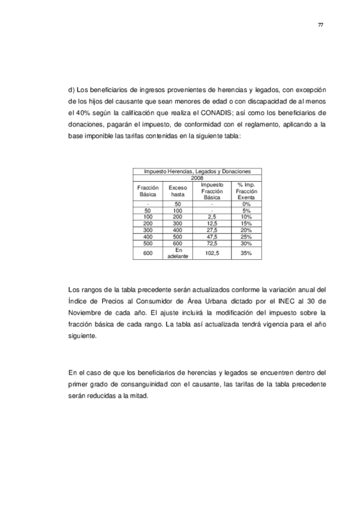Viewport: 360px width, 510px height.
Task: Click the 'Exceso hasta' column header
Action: (177, 191)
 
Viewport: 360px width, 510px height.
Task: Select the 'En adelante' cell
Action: (177, 254)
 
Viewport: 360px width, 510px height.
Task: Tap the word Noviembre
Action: (88, 313)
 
